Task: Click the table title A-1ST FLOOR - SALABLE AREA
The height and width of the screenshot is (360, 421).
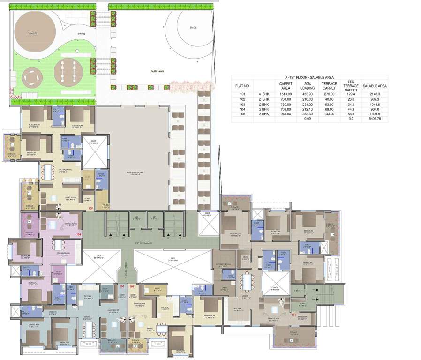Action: [309, 77]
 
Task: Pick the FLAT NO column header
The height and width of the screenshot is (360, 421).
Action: [242, 86]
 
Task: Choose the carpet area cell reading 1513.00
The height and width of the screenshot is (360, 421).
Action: [286, 94]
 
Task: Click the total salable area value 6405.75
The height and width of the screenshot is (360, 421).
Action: [375, 119]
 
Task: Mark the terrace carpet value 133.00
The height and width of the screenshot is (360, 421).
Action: [329, 113]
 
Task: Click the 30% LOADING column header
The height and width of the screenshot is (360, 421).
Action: [307, 86]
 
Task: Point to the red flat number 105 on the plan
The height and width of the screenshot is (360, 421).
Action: [91, 208]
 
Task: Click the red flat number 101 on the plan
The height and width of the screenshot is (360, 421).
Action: [294, 315]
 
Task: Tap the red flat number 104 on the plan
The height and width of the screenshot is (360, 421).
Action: [79, 234]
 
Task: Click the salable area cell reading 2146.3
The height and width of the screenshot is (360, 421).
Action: [375, 94]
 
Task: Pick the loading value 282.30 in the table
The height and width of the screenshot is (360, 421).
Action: [307, 113]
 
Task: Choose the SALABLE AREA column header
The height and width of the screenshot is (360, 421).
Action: [375, 86]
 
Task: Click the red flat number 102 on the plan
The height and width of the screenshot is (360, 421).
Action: [132, 286]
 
